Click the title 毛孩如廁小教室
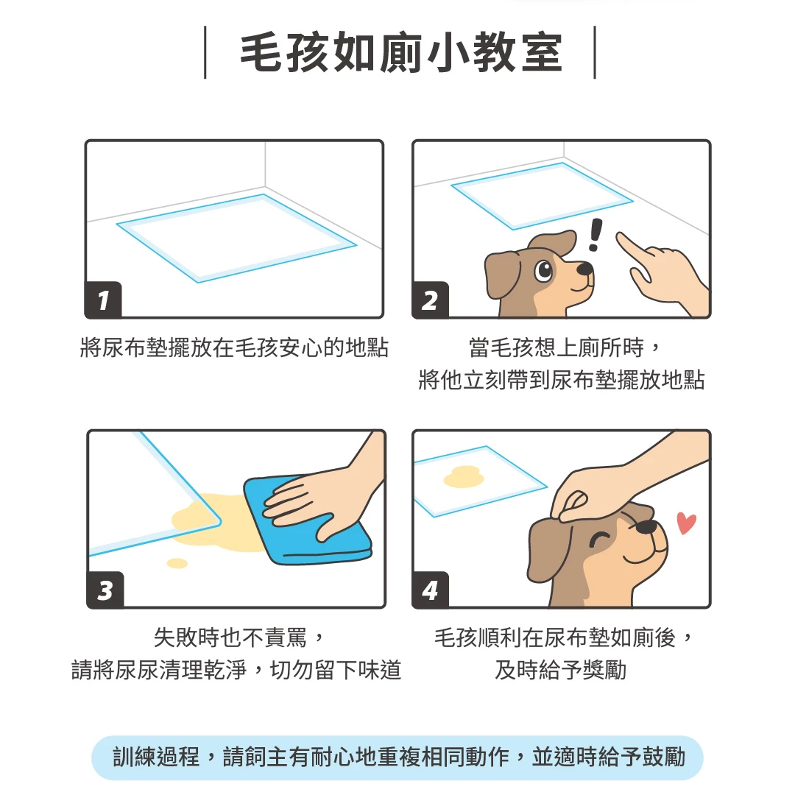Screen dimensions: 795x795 click(x=400, y=53)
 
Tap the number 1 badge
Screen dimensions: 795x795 click(x=104, y=300)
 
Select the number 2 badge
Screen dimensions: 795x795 click(x=430, y=300)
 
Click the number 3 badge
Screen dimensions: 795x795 click(x=105, y=590)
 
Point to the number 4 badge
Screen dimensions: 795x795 click(x=431, y=590)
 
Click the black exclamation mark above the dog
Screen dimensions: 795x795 click(x=596, y=234)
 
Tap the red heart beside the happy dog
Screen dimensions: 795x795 click(x=687, y=523)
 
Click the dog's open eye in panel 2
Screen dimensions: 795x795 click(x=544, y=269)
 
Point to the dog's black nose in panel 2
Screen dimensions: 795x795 click(x=585, y=268)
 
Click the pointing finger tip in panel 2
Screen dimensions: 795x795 click(x=620, y=236)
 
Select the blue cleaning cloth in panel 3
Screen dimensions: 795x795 click(x=307, y=520)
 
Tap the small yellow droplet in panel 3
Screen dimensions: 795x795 click(x=177, y=563)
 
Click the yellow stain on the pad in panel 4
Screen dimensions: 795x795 click(x=464, y=476)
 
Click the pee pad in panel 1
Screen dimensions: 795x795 click(x=236, y=238)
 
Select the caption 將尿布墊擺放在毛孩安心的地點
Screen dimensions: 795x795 click(x=234, y=347)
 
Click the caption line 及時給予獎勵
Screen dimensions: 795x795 click(x=561, y=670)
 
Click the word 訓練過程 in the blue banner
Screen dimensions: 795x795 click(x=156, y=757)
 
